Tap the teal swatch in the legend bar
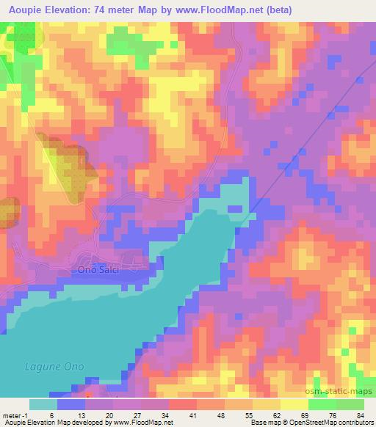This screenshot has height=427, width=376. tap(43, 404)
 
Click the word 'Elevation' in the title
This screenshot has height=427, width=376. tap(79, 8)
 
